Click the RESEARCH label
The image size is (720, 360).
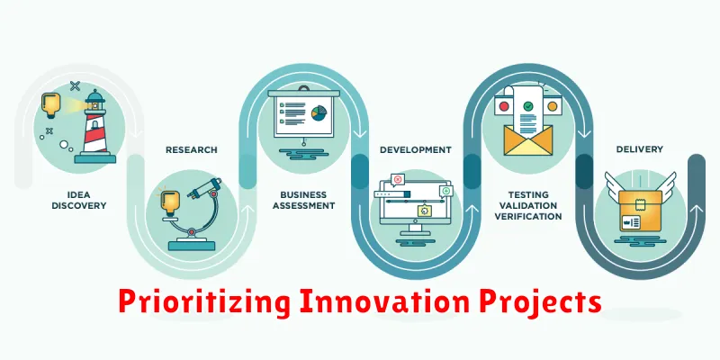(x=192, y=150)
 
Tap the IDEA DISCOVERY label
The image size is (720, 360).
(x=78, y=201)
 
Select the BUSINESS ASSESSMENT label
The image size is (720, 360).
(x=303, y=201)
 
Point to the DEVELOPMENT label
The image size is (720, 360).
(x=416, y=150)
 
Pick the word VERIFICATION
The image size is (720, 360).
(x=528, y=216)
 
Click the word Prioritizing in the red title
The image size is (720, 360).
(x=204, y=302)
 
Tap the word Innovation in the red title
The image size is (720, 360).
(x=384, y=301)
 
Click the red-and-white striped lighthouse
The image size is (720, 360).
(x=95, y=126)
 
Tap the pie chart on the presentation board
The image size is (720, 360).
(x=319, y=112)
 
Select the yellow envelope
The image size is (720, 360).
(x=528, y=139)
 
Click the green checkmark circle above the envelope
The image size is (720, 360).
(x=528, y=106)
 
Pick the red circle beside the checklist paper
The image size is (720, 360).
(x=504, y=106)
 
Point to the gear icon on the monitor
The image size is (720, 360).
(x=424, y=211)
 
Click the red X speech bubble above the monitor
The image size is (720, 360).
(x=398, y=179)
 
